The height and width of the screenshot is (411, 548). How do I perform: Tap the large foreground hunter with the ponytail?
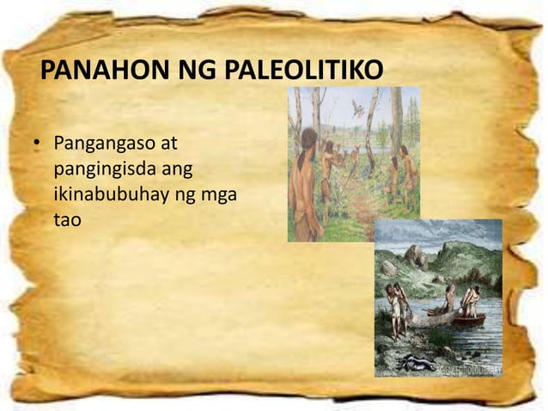coord(305,185)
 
